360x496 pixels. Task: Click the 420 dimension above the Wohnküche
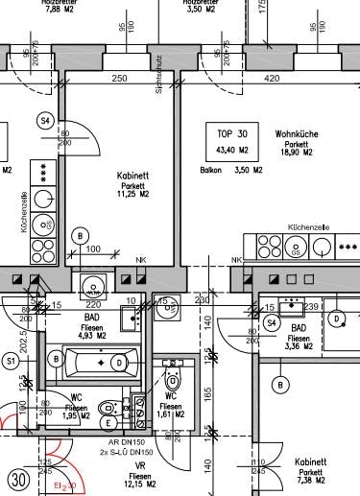coord(271,78)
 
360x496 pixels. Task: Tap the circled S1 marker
coord(12,361)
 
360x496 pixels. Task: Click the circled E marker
coord(108,421)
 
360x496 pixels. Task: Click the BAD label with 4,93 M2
coord(94,327)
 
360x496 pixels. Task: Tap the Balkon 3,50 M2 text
coord(225,171)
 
